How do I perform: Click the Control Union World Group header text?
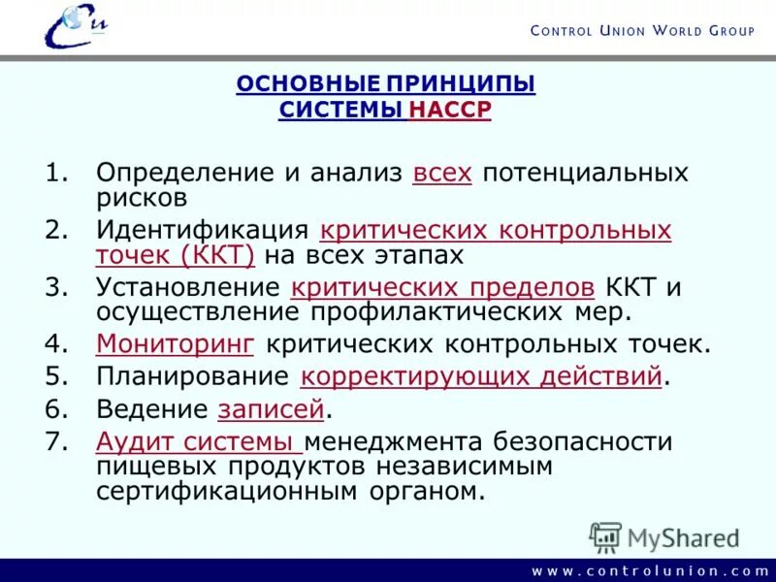(x=642, y=31)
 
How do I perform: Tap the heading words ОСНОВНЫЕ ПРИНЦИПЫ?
(x=386, y=84)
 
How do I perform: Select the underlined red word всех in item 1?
(x=442, y=174)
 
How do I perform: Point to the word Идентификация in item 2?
(x=202, y=231)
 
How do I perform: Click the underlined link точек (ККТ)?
(x=175, y=255)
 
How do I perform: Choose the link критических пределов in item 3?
(x=443, y=287)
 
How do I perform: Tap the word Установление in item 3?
(x=187, y=287)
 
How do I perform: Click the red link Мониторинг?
(x=176, y=343)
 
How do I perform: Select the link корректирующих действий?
(x=482, y=376)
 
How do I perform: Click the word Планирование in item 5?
(x=192, y=376)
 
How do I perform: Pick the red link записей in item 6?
(x=271, y=409)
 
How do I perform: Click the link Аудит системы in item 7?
(x=199, y=442)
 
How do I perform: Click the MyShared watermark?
(x=665, y=537)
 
